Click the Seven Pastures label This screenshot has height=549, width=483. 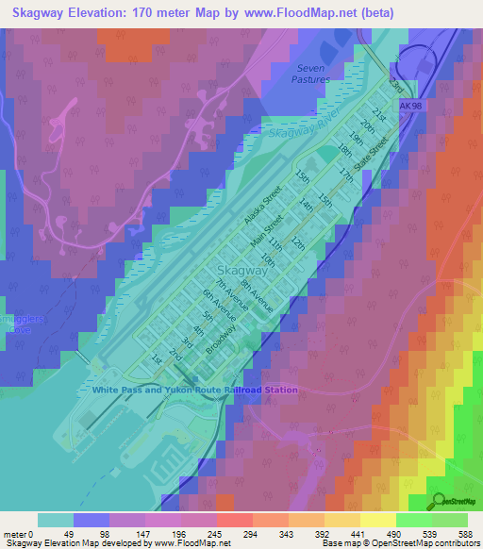(x=311, y=74)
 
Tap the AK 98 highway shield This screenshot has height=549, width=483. (x=407, y=108)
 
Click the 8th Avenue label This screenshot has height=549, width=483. (x=255, y=294)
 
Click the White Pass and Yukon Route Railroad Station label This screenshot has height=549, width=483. (x=194, y=390)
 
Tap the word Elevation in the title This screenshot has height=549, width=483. (x=101, y=12)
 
